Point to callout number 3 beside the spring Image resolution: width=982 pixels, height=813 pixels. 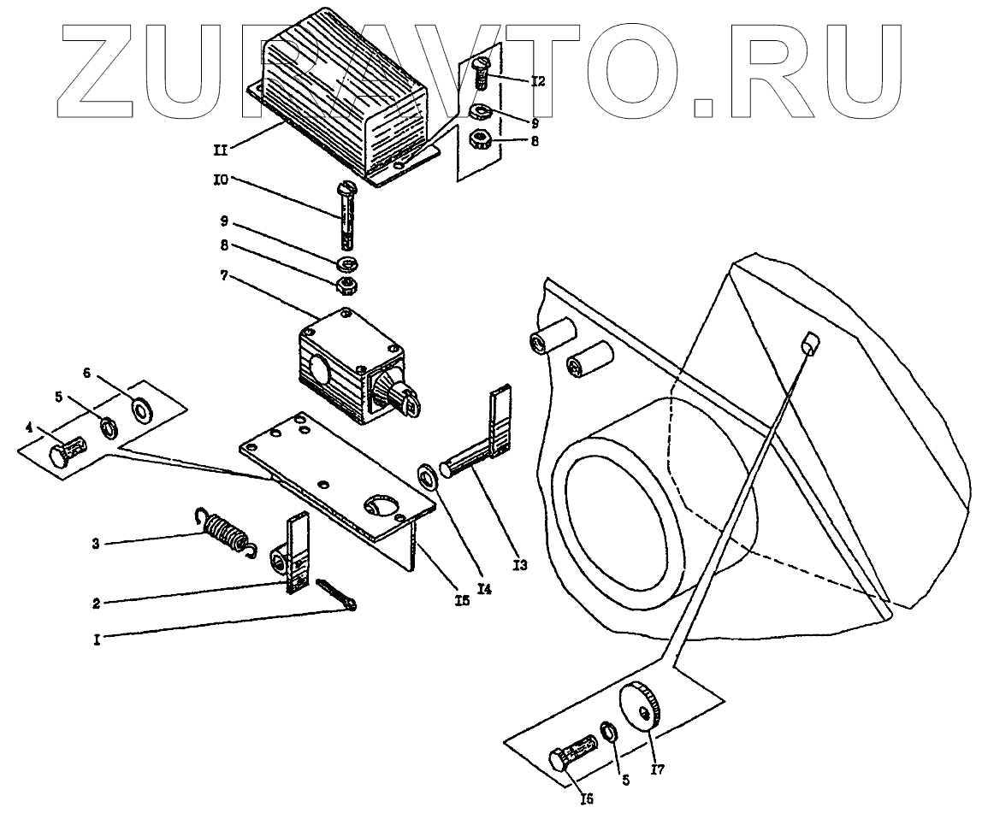tap(97, 543)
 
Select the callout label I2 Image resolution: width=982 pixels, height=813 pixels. tap(537, 82)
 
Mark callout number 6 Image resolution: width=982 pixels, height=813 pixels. tap(86, 373)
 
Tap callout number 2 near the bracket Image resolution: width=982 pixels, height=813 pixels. tap(97, 602)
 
